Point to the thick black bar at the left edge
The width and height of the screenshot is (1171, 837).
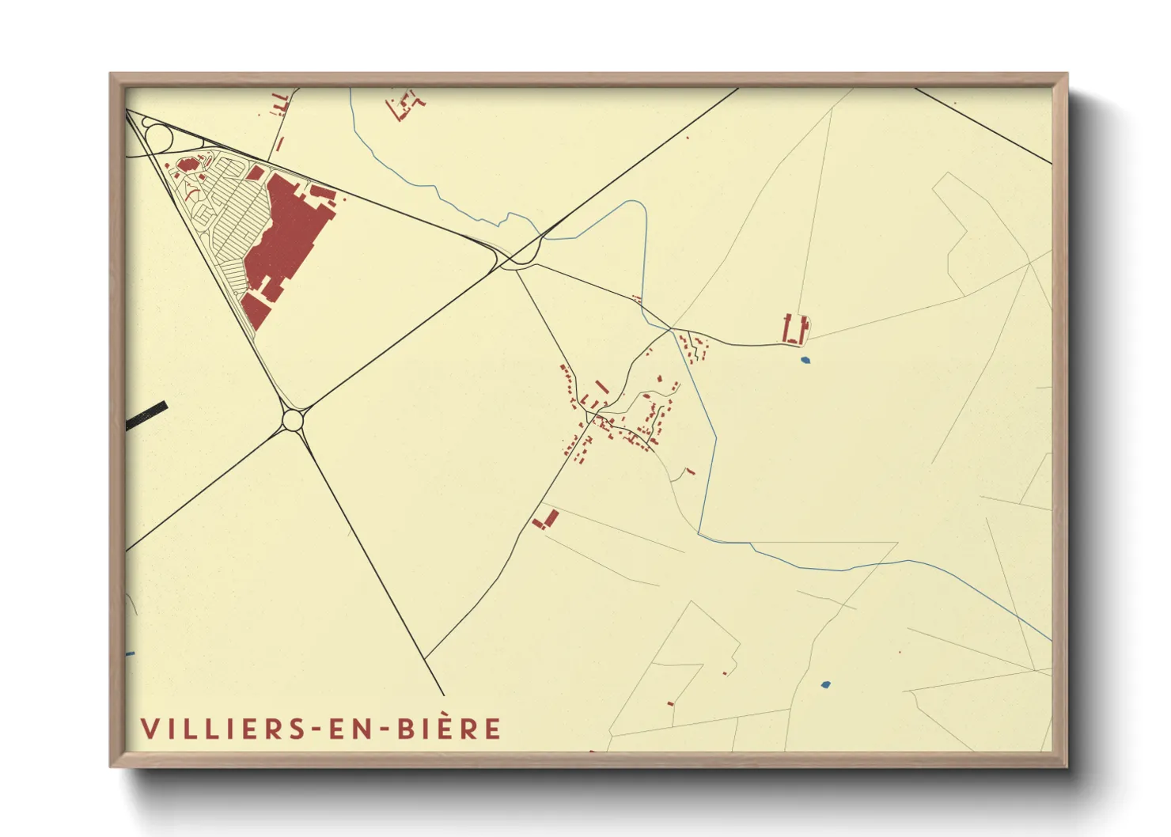pos(147,415)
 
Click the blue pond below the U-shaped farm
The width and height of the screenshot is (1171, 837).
pos(805,361)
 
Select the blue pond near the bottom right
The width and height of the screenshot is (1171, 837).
pos(825,684)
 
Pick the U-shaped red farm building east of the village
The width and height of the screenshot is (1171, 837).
pos(795,330)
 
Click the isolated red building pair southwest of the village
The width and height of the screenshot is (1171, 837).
pos(545,520)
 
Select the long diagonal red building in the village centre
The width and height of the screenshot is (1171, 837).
pos(601,387)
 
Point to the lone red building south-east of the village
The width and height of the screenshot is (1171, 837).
pos(691,472)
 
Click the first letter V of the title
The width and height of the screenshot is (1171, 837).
pos(148,729)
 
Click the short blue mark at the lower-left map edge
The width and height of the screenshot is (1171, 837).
pos(131,654)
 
